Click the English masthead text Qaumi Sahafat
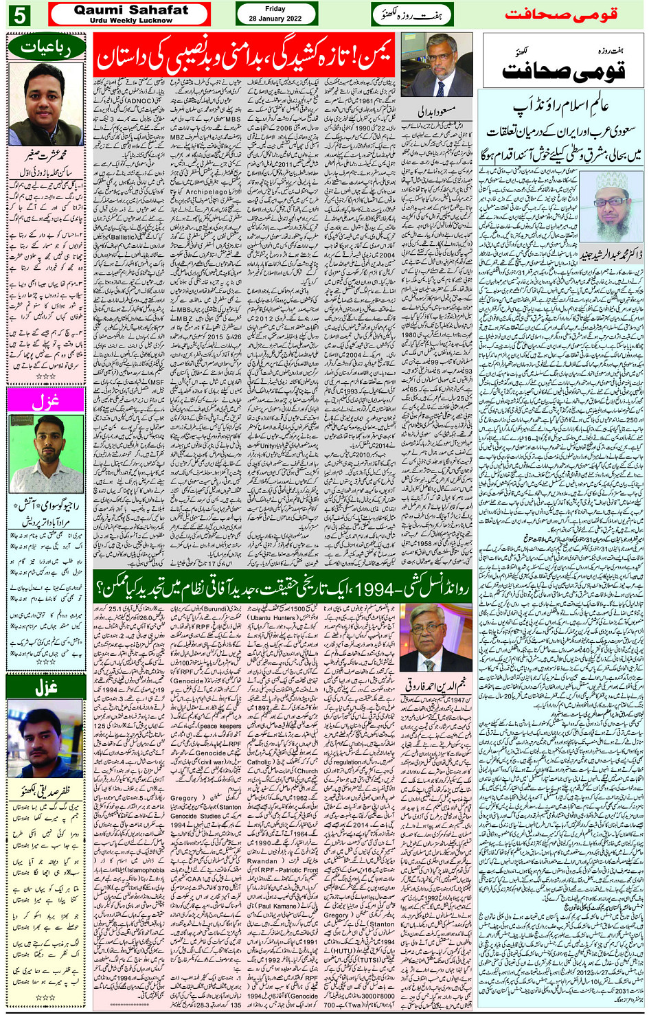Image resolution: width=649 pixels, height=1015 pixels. [x=130, y=10]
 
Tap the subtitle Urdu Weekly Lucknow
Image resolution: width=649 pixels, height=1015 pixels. [x=130, y=21]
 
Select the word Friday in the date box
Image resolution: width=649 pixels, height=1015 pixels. [x=275, y=9]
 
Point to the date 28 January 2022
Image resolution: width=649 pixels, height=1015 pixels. [x=275, y=19]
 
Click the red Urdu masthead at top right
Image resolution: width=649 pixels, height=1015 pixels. [x=560, y=14]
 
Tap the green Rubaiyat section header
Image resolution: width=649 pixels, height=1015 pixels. [x=47, y=48]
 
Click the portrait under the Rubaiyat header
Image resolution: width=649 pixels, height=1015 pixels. [x=46, y=104]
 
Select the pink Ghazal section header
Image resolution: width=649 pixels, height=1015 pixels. [x=45, y=401]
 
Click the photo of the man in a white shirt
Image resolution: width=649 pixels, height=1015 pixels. [x=46, y=454]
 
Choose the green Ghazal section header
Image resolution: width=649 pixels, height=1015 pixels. [x=45, y=686]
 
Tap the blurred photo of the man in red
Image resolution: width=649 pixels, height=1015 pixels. [x=45, y=738]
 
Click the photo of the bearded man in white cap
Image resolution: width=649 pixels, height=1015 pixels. [x=612, y=207]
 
